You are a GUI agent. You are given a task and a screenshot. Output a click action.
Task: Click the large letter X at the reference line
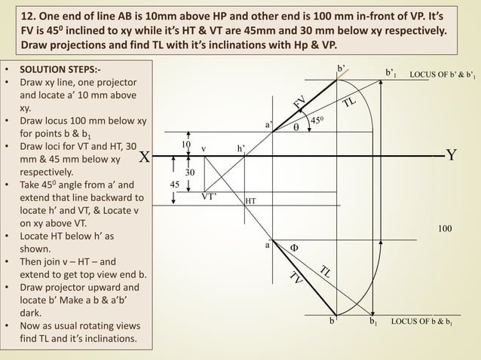pyautogui.click(x=143, y=157)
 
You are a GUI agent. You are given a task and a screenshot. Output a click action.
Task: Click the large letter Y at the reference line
pyautogui.click(x=452, y=156)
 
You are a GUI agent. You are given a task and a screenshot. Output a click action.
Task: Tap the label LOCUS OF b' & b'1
pyautogui.click(x=443, y=75)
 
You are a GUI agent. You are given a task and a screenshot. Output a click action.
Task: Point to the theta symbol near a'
pyautogui.click(x=296, y=127)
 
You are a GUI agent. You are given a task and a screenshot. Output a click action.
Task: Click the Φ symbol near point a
pyautogui.click(x=295, y=247)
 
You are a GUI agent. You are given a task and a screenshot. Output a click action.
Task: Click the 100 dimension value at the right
pyautogui.click(x=447, y=227)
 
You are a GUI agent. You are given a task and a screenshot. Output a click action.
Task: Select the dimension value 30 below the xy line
pyautogui.click(x=191, y=172)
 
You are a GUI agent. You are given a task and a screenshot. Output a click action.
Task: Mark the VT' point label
pyautogui.click(x=209, y=196)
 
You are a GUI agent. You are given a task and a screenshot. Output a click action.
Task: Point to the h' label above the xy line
pyautogui.click(x=240, y=148)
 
